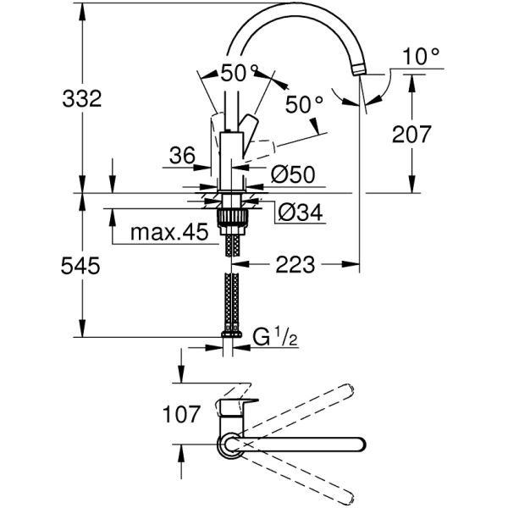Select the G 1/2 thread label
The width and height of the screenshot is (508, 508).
click(x=273, y=339)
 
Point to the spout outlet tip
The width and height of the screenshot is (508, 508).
click(x=363, y=79)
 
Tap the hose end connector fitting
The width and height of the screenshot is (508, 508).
click(x=231, y=335)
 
